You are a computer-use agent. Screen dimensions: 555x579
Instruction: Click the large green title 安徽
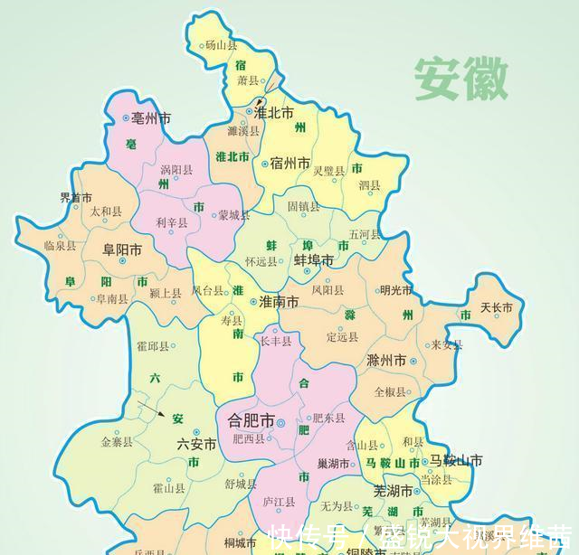[461, 80]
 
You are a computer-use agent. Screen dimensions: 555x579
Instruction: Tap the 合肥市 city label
[248, 421]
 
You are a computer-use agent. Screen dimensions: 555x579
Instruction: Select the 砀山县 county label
[221, 44]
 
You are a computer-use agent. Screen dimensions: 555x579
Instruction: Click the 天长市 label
[497, 308]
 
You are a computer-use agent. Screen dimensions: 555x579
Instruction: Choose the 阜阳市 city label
[121, 250]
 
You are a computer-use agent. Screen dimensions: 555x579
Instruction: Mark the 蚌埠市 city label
[313, 260]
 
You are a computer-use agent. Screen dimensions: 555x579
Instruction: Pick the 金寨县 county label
[117, 442]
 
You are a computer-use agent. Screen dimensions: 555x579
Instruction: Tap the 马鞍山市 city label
[455, 461]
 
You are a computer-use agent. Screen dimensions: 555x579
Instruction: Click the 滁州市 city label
[386, 361]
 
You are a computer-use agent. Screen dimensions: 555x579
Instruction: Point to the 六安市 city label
[197, 444]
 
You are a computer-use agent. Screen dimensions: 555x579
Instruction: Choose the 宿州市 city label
[290, 164]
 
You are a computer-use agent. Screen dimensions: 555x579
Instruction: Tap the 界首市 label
[75, 198]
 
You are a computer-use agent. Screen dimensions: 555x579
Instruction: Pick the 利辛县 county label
[172, 222]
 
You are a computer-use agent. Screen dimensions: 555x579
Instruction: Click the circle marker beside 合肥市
[280, 422]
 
